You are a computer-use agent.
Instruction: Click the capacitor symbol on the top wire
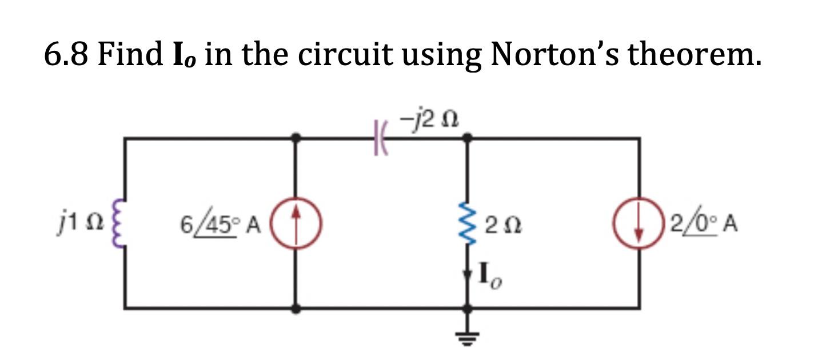tap(380, 138)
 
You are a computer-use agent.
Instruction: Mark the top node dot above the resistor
tap(468, 138)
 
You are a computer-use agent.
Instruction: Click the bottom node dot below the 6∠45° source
tap(296, 309)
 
